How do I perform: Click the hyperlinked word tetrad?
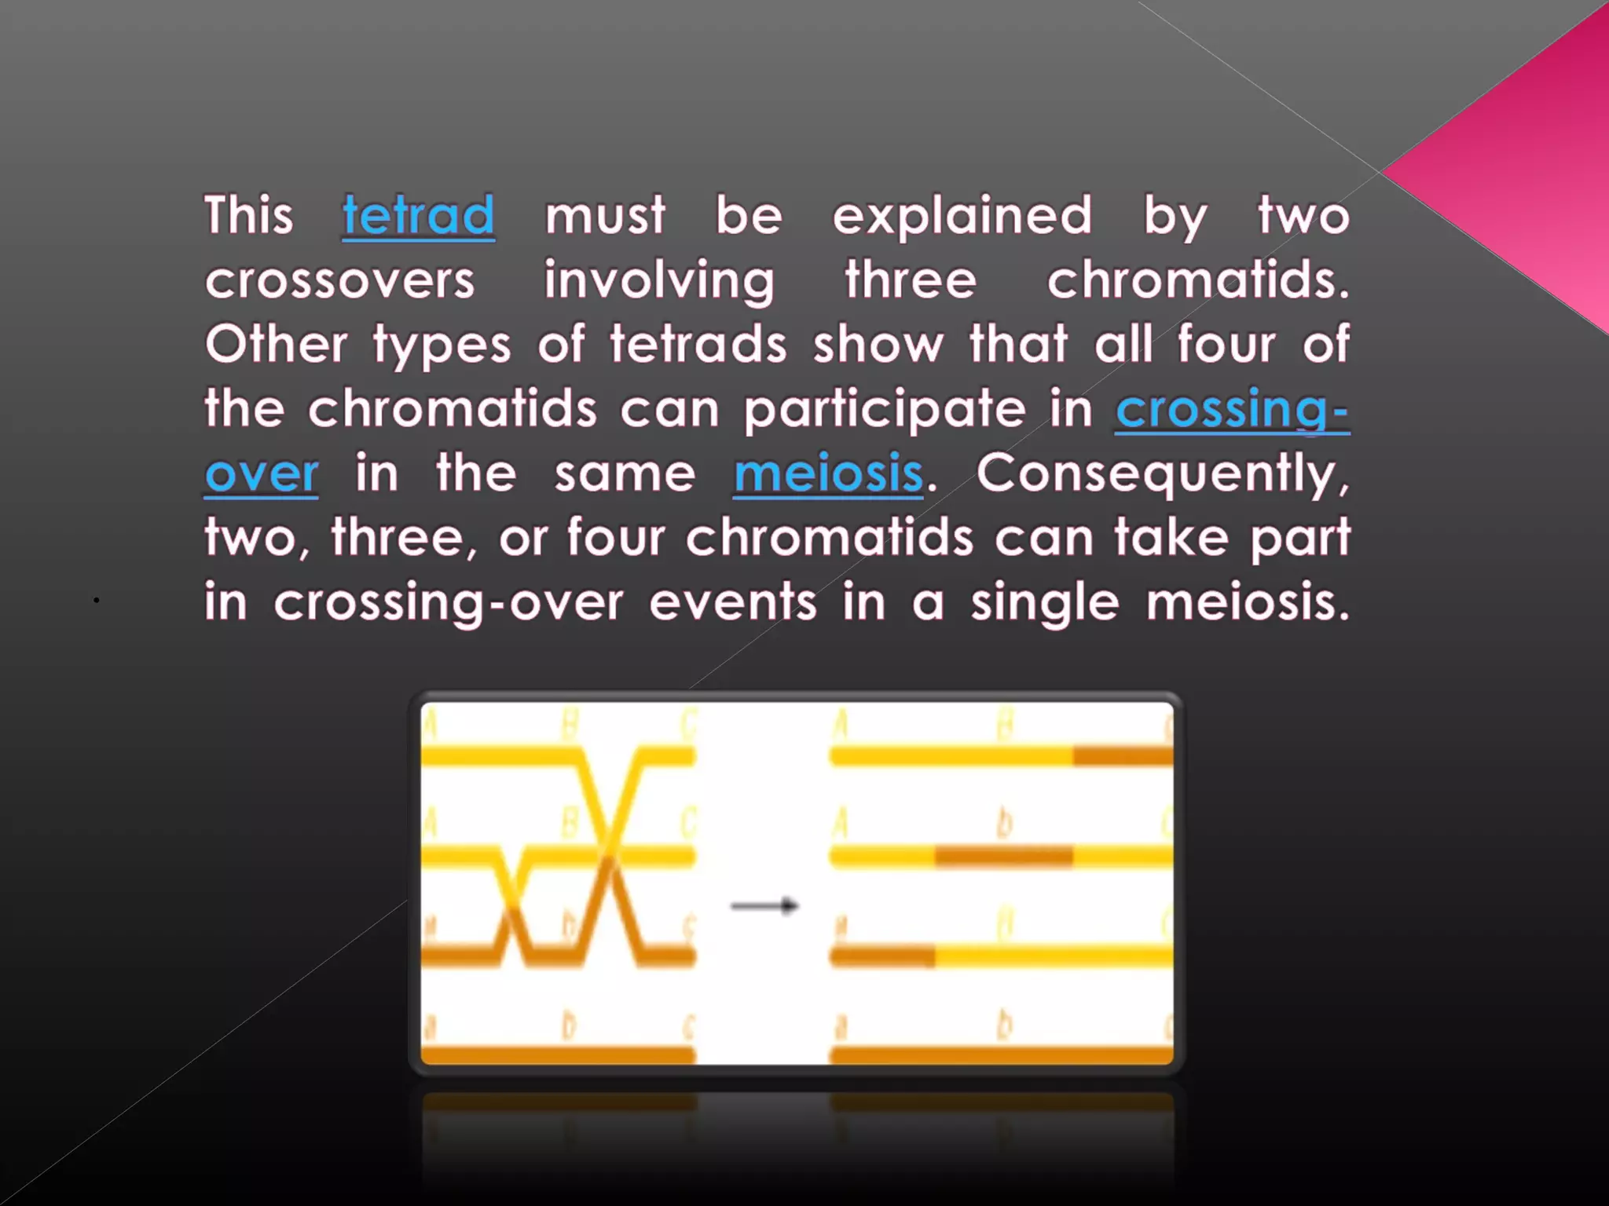418,215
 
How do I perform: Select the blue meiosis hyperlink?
828,473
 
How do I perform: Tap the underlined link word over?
262,473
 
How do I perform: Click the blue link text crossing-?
1232,409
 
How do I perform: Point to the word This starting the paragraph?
248,215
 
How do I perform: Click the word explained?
962,215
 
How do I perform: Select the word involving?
659,280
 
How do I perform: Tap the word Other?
276,345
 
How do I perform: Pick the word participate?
885,409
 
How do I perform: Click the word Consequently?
1163,473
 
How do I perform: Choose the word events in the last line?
732,603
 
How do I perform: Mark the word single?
1045,603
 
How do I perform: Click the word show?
878,345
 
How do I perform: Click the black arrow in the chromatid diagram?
764,906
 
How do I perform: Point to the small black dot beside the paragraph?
96,600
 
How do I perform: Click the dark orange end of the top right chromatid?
1123,756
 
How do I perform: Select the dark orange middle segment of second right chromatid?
1003,856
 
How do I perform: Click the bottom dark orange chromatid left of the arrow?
558,1054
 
